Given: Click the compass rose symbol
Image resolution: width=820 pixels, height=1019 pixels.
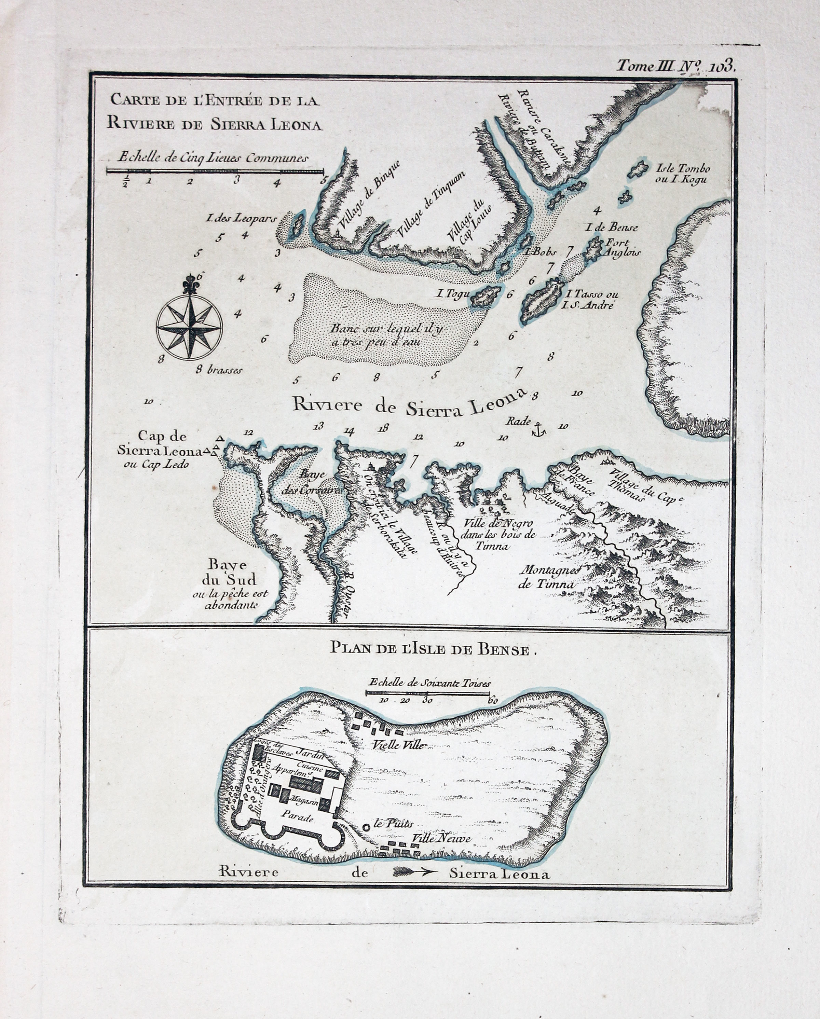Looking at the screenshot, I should [x=189, y=324].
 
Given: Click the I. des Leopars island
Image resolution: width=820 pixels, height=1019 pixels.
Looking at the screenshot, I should [x=298, y=224].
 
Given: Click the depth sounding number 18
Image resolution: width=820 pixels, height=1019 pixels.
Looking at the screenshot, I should [x=383, y=429].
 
